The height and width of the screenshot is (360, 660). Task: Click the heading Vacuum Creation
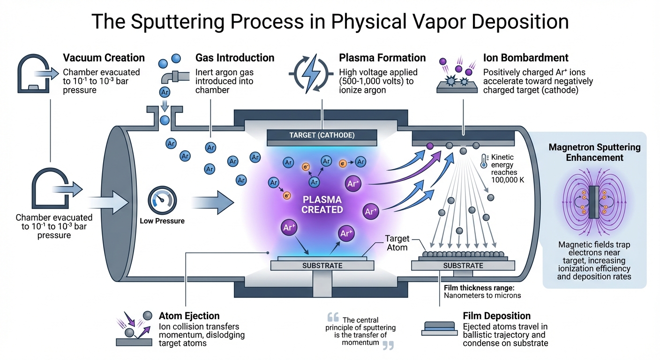tap(104, 58)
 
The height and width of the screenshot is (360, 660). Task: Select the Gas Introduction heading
tap(234, 58)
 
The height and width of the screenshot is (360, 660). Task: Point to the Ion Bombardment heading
tap(525, 58)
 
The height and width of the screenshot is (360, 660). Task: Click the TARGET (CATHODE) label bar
tap(322, 136)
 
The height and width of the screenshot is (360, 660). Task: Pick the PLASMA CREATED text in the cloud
tap(322, 205)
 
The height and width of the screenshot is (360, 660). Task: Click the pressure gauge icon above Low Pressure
tap(161, 201)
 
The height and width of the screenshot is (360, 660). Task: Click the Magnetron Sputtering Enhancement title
tap(594, 152)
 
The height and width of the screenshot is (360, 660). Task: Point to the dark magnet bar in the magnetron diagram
tap(594, 202)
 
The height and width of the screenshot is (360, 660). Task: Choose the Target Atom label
tap(397, 243)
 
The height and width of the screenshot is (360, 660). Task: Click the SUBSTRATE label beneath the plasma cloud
tap(322, 266)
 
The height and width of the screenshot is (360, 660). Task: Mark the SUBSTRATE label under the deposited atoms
tap(463, 266)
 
